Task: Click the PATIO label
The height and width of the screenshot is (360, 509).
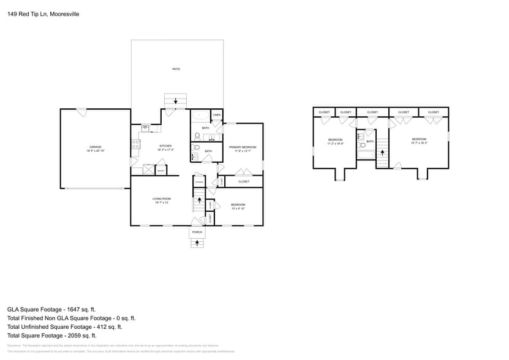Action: (176, 69)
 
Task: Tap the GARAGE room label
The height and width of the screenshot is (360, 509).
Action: (95, 147)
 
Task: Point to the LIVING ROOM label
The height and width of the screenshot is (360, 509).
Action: (161, 199)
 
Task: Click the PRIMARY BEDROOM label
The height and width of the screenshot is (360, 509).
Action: (243, 148)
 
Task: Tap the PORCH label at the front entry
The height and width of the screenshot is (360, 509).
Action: (197, 232)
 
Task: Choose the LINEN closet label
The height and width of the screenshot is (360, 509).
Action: (217, 115)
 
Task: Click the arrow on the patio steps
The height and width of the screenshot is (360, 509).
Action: (176, 101)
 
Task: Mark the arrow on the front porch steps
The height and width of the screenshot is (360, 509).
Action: (197, 243)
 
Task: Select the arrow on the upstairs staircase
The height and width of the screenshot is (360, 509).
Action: (382, 153)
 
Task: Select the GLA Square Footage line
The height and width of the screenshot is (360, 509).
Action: (51, 310)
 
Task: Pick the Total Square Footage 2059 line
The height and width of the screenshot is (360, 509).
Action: (51, 336)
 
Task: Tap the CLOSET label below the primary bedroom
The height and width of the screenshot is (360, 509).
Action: (243, 182)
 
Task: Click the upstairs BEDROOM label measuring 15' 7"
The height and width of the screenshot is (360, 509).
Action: (419, 140)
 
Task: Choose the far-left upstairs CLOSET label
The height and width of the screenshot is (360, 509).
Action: (324, 112)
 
